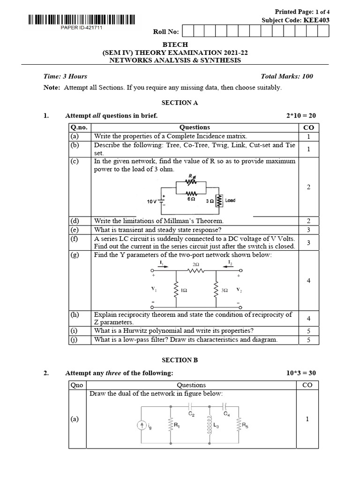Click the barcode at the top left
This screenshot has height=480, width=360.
[x=81, y=20]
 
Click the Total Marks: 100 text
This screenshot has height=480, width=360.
[x=287, y=76]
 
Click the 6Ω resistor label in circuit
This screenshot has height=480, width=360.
[x=191, y=199]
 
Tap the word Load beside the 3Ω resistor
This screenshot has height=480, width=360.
[x=230, y=200]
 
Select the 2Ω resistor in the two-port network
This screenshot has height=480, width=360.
[x=196, y=270]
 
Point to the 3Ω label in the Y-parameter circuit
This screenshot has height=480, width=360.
[x=225, y=291]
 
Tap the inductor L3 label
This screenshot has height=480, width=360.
[x=216, y=425]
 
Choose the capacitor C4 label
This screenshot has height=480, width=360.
[x=227, y=414]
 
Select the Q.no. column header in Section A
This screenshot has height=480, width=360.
[x=79, y=127]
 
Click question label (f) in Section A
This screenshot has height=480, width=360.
[x=75, y=239]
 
